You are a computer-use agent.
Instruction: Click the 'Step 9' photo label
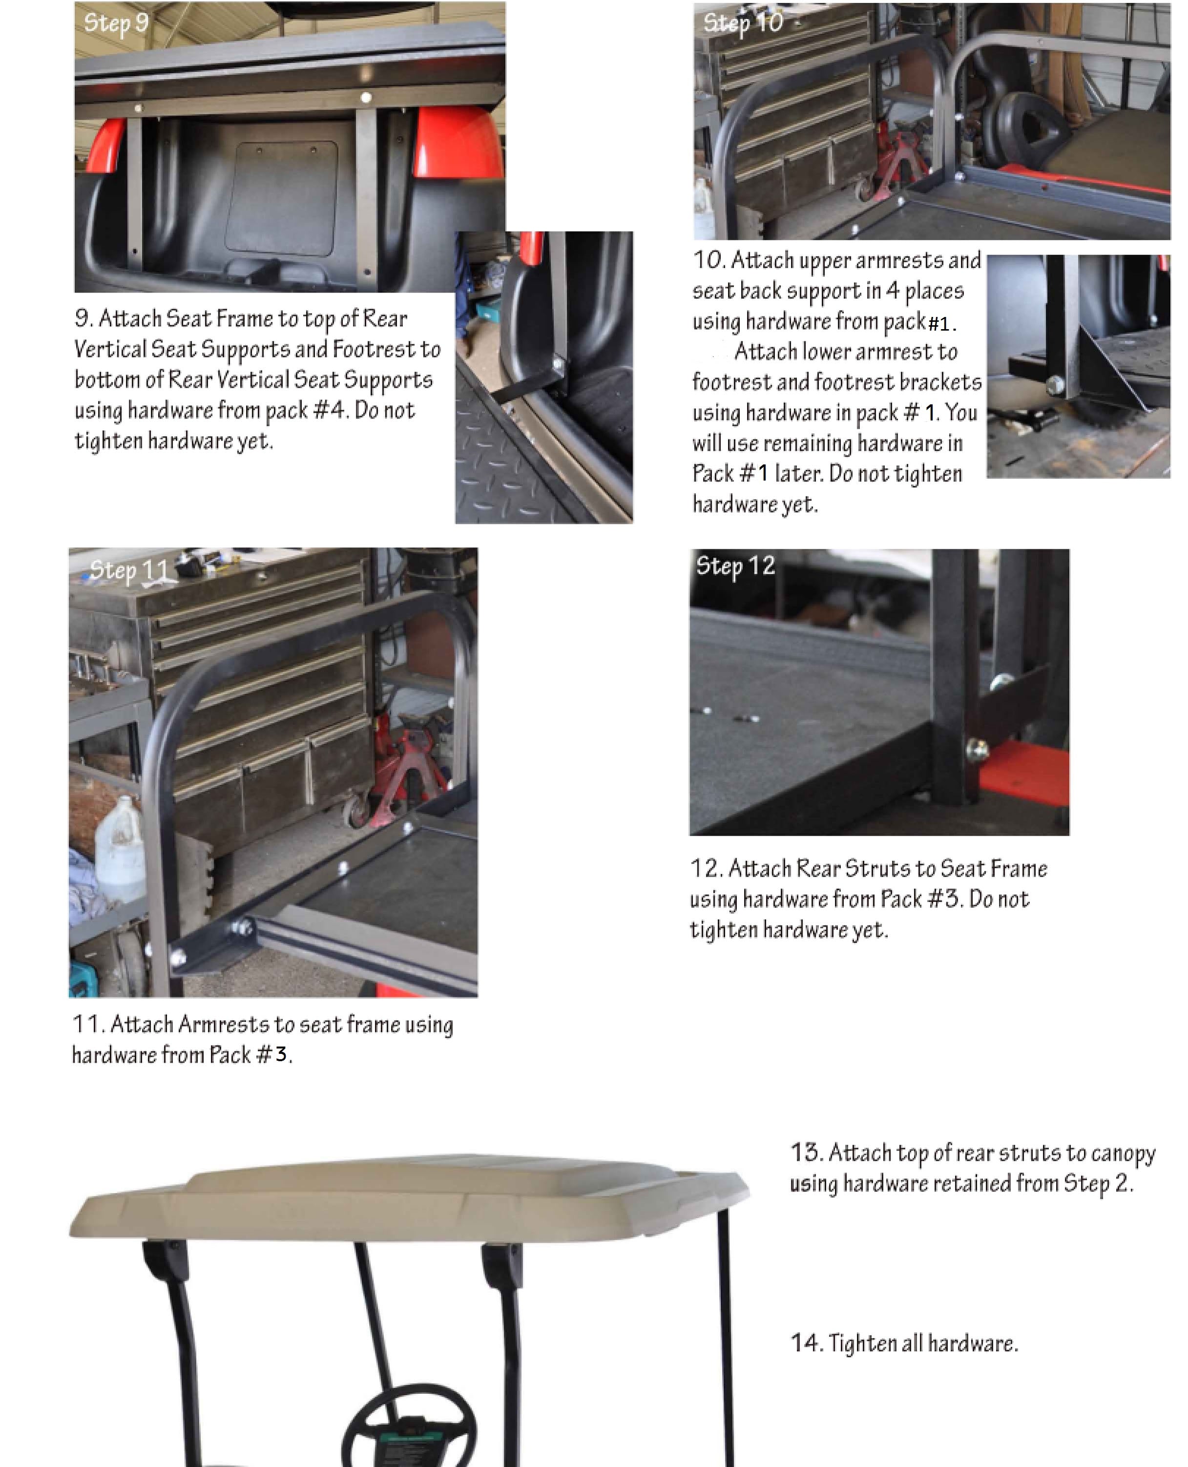pos(116,23)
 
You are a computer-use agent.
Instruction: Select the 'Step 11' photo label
pos(128,570)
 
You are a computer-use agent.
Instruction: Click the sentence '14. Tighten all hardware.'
pos(904,1343)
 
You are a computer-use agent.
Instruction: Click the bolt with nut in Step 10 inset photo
pos(1055,386)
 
